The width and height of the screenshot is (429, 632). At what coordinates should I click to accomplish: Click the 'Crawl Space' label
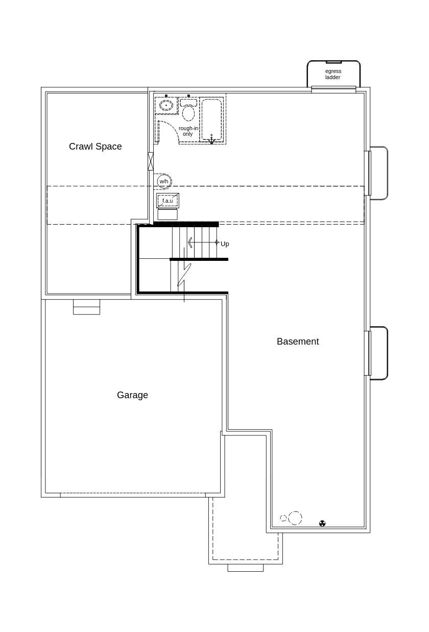tap(96, 147)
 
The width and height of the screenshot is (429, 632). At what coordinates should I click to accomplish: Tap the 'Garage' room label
tap(132, 395)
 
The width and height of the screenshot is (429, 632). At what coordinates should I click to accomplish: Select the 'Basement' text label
tap(298, 342)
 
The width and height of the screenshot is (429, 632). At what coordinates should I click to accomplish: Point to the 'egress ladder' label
tap(333, 75)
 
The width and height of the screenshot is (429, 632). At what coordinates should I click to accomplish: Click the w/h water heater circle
tap(164, 181)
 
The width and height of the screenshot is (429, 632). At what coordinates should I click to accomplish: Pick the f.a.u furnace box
tap(168, 201)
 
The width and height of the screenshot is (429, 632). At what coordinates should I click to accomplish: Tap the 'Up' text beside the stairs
tap(225, 244)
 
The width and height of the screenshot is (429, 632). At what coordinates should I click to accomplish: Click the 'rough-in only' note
tap(188, 131)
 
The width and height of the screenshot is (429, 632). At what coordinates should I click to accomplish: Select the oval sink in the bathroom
tap(166, 105)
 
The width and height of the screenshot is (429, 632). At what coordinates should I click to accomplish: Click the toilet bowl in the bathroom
tap(188, 112)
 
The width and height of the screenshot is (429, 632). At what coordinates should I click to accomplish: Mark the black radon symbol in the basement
tap(322, 523)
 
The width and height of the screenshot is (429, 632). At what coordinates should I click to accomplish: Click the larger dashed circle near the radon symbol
tap(295, 518)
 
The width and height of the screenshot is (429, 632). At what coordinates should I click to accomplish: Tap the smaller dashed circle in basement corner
tap(283, 518)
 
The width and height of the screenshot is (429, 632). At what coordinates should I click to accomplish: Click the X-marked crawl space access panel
tap(151, 161)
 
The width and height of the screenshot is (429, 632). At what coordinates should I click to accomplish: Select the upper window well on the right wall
tap(378, 173)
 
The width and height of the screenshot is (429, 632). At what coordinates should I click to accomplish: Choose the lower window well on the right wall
tap(378, 353)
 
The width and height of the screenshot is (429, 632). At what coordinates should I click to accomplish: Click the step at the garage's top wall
tap(86, 307)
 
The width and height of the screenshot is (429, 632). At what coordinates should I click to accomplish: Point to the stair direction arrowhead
tap(190, 242)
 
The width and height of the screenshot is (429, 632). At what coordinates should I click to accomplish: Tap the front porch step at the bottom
tap(245, 568)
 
